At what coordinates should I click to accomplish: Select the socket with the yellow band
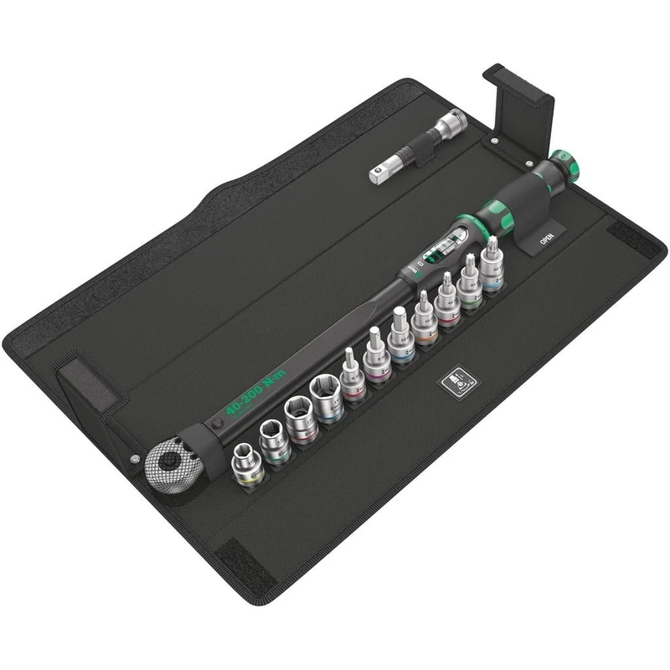tap(247, 465)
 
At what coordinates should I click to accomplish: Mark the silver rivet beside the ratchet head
tap(133, 458)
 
